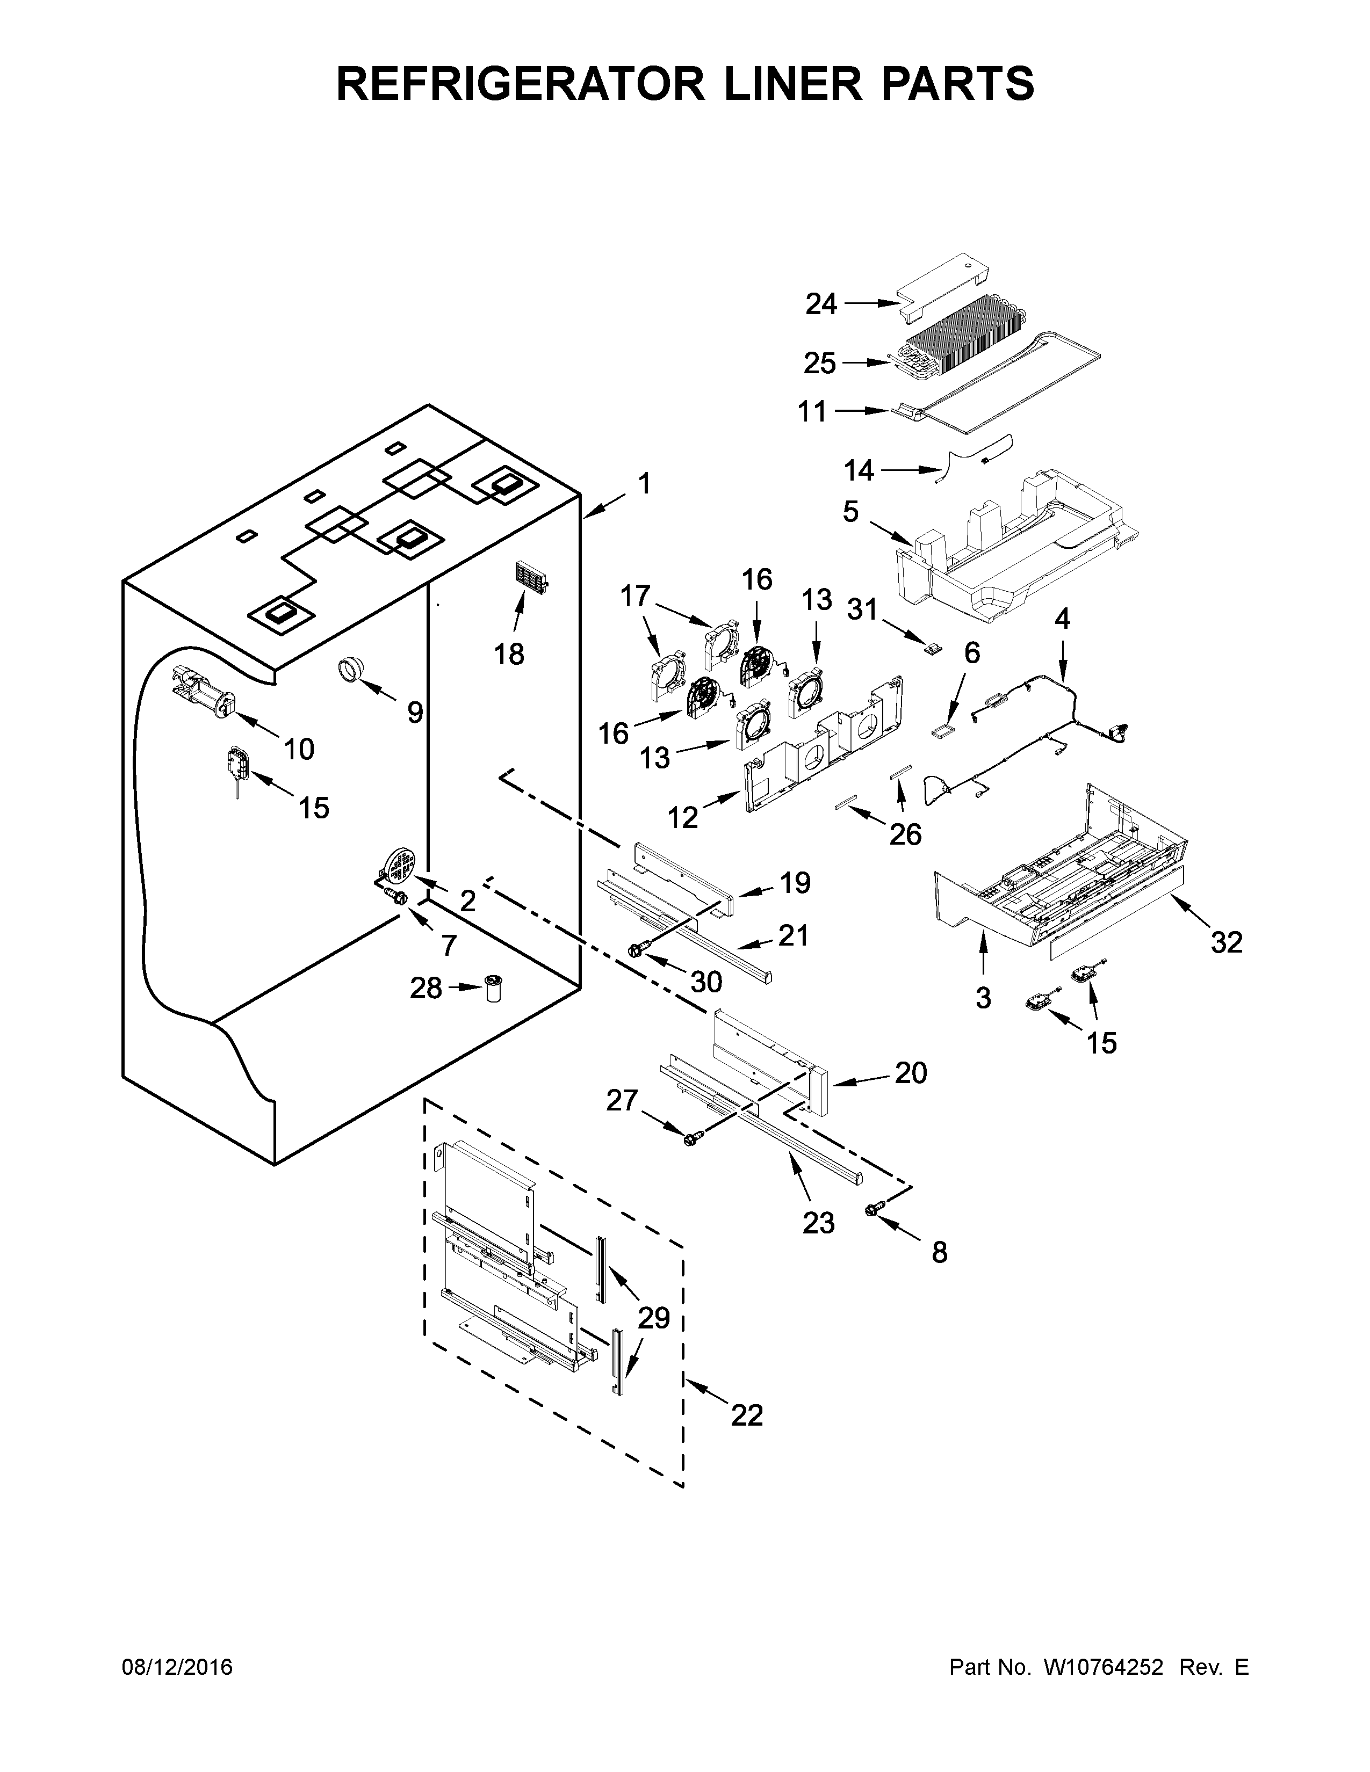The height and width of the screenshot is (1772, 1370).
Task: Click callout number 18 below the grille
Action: point(510,653)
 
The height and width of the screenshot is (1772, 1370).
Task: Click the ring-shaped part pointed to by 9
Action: point(352,671)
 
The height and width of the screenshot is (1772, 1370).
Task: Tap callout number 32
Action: point(1227,942)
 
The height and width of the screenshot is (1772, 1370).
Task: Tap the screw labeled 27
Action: point(691,1139)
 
